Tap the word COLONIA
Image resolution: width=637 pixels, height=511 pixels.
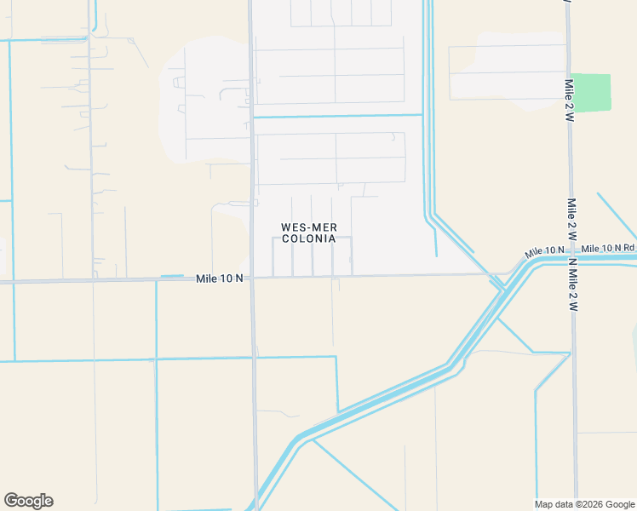click(307, 239)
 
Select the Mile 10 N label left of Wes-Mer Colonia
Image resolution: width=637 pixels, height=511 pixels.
click(220, 278)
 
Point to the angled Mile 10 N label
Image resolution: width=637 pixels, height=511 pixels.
click(545, 252)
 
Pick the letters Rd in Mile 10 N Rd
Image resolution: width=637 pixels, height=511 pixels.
click(629, 247)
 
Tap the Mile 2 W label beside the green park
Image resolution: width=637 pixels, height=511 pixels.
click(568, 101)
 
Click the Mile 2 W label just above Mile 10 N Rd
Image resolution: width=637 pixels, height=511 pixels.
click(572, 220)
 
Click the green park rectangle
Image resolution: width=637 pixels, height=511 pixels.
click(591, 92)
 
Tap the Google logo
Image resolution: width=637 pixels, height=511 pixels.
click(28, 501)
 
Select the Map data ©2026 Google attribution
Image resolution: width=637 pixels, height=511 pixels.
click(584, 504)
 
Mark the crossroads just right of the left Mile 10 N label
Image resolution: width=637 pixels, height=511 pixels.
click(252, 278)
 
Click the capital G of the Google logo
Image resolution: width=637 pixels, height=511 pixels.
click(11, 501)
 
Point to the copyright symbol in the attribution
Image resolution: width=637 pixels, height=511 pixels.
click(577, 504)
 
